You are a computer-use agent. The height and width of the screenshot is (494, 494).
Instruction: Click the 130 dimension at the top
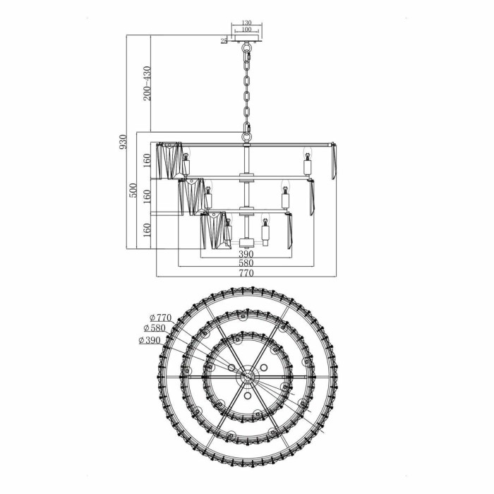point(246,23)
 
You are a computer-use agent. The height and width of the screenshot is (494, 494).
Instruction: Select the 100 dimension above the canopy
point(246,30)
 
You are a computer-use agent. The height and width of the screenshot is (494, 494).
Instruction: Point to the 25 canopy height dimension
point(224,42)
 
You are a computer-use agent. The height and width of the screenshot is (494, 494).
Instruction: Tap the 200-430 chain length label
point(147,84)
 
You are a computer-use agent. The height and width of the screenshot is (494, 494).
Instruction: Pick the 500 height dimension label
point(132,191)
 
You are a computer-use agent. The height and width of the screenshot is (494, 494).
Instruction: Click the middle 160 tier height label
point(147,195)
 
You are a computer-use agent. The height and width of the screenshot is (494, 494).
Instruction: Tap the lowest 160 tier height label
point(147,231)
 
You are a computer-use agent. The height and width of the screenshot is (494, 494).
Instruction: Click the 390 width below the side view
point(246,254)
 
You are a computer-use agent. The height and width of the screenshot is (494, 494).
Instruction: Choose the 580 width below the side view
point(246,263)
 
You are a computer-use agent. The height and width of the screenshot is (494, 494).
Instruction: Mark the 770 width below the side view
point(246,272)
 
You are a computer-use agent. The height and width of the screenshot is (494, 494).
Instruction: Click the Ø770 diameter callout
point(159,318)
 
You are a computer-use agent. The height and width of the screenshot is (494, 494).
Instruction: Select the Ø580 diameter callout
point(153,328)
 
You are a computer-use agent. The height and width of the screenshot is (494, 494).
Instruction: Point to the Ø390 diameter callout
point(150,340)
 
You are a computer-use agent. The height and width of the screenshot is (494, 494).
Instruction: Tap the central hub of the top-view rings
point(247,378)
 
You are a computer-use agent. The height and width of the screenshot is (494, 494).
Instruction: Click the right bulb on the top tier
point(308,164)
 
